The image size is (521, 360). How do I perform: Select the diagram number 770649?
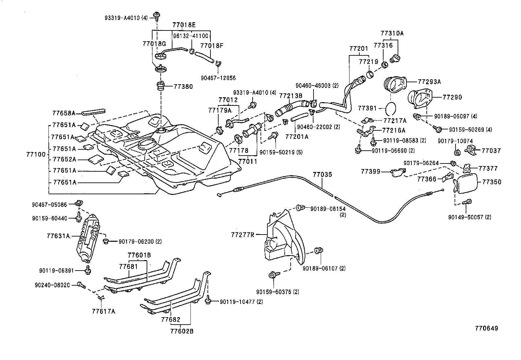487,328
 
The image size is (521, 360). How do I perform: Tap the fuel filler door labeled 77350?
466,184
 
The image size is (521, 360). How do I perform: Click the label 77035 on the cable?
322,175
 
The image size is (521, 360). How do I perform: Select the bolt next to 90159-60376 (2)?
272,275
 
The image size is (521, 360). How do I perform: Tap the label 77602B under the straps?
182,331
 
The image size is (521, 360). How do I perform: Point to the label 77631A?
58,236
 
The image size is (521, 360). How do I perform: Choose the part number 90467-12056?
218,78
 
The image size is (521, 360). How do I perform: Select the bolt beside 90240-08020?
81,285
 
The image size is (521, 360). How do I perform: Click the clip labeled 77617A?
101,298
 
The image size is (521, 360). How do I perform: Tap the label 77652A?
64,160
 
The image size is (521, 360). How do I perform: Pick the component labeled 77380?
161,87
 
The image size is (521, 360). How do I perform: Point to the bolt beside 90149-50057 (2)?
468,202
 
